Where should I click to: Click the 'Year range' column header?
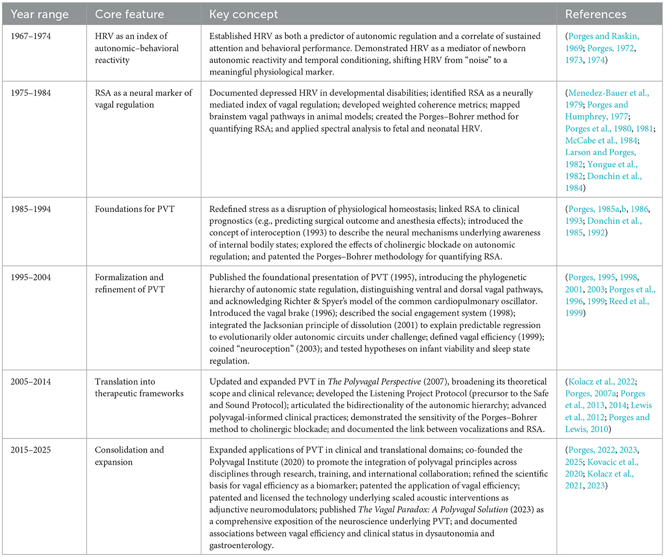[x=40, y=15]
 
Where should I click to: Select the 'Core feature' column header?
[x=129, y=15]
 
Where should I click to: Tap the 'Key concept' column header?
[x=243, y=15]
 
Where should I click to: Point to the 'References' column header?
[x=595, y=15]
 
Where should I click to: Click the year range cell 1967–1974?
[x=30, y=36]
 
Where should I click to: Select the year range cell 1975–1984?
[x=30, y=93]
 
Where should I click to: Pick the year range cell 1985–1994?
[x=30, y=209]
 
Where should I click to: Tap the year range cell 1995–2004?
[x=30, y=278]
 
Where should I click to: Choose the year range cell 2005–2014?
[x=30, y=382]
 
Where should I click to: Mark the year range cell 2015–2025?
[x=30, y=450]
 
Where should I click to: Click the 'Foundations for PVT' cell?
[x=134, y=209]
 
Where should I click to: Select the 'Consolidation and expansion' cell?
[x=129, y=456]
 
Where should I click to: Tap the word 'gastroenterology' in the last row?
[x=241, y=545]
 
